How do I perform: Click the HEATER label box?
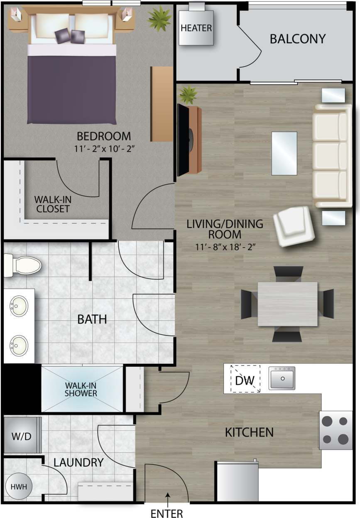[196, 28]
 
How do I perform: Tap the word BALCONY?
[297, 39]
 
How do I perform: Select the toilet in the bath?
[23, 265]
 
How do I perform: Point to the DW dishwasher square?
[245, 379]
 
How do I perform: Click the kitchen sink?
[282, 378]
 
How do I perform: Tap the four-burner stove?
[335, 430]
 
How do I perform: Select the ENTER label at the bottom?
[167, 513]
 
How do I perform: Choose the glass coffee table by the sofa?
[284, 153]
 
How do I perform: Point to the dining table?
[287, 304]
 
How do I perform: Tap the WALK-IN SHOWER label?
[81, 390]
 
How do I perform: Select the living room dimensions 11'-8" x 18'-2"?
[225, 247]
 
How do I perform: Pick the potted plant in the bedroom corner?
[159, 18]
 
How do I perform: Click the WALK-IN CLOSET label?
[52, 204]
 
